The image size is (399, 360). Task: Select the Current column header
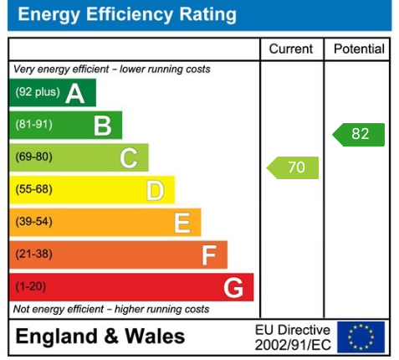(x=291, y=49)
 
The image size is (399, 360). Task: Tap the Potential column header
(x=359, y=49)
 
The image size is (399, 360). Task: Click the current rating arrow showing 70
(x=294, y=167)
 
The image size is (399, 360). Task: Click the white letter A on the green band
(x=75, y=93)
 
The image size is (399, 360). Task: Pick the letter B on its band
(x=102, y=126)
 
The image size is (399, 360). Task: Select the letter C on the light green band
(x=129, y=157)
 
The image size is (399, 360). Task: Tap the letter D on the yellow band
(x=155, y=190)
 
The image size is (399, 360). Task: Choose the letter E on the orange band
(x=182, y=222)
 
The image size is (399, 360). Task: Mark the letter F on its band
(x=208, y=255)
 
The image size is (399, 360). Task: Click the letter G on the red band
(x=234, y=287)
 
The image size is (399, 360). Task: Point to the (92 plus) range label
(x=38, y=92)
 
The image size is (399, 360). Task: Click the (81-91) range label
(x=33, y=125)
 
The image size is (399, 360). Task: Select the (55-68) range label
(x=33, y=189)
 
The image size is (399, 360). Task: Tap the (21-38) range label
(x=33, y=254)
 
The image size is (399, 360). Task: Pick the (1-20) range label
(x=31, y=286)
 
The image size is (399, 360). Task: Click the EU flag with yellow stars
(x=361, y=337)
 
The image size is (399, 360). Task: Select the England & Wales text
(x=101, y=337)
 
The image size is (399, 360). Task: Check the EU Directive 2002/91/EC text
(x=292, y=337)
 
